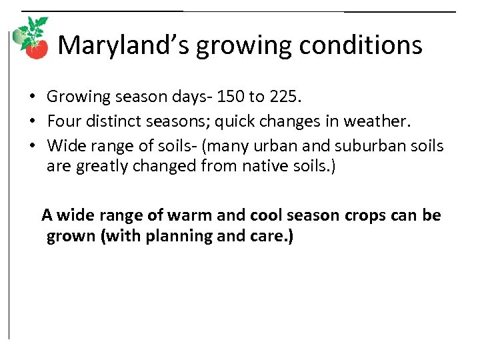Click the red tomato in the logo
point(38,49)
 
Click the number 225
point(285,97)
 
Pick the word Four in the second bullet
point(63,121)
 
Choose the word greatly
point(103,165)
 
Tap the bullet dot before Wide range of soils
point(32,145)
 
